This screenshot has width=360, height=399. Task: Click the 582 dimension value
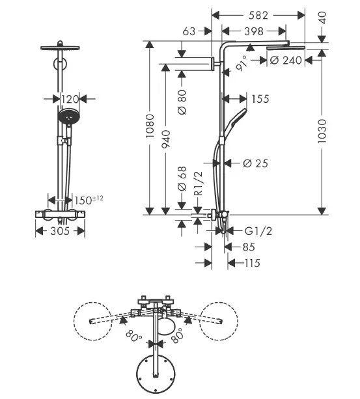tap(258, 16)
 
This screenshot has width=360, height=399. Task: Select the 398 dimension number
tap(254, 31)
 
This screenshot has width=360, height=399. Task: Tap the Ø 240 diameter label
tap(286, 61)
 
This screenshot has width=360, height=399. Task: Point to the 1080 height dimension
tap(150, 126)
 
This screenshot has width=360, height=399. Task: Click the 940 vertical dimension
tap(166, 139)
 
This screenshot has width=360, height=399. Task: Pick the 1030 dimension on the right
tap(322, 131)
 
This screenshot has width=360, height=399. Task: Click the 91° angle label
tap(241, 64)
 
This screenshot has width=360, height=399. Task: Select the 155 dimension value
tap(260, 99)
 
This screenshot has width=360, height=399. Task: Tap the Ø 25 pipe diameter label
tap(255, 163)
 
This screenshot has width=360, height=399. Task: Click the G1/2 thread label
tap(258, 231)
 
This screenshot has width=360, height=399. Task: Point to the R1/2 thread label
tap(199, 183)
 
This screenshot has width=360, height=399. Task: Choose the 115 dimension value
tap(253, 263)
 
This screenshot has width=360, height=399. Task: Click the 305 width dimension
tap(60, 231)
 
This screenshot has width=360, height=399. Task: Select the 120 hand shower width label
tap(70, 99)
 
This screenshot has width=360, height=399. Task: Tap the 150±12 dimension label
tap(89, 200)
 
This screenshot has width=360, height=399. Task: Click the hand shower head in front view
tap(68, 117)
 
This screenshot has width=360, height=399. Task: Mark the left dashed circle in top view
tap(93, 302)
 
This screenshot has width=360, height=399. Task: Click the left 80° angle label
tap(134, 337)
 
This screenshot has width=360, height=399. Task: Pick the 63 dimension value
tap(189, 31)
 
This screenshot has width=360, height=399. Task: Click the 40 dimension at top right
tap(322, 18)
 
